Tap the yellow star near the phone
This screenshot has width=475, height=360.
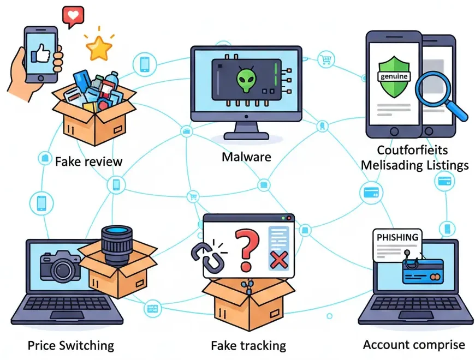tap(99, 49)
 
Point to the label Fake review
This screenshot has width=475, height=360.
tap(88, 161)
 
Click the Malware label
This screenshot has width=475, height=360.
tap(246, 157)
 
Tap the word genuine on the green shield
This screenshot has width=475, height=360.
tap(393, 76)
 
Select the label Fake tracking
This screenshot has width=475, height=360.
tap(248, 345)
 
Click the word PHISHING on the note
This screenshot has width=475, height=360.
tap(397, 237)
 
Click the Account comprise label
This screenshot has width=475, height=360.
tap(414, 344)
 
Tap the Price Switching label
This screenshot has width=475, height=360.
tap(71, 345)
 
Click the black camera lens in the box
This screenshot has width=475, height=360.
tap(117, 243)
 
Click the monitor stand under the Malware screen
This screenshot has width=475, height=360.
tap(246, 131)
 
